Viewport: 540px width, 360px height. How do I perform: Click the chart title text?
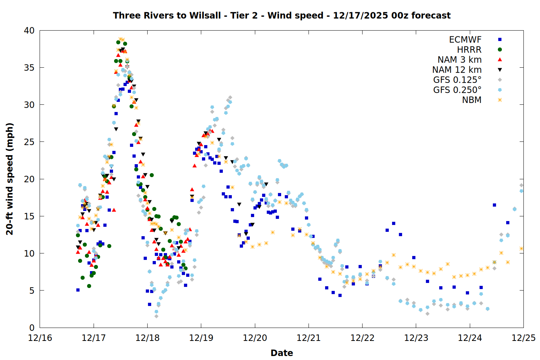282,15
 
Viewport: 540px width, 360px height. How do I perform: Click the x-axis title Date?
282,353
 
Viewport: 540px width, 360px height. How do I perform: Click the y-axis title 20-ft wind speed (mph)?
10,179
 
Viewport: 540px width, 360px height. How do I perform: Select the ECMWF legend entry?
465,40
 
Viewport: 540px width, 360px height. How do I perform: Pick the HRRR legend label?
469,50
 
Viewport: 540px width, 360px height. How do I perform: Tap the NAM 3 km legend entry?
459,60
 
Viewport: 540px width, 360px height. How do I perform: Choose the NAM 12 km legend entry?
457,70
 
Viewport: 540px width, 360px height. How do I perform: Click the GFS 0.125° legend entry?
457,80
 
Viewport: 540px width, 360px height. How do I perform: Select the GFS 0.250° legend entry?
457,90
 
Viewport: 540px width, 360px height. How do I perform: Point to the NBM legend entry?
472,100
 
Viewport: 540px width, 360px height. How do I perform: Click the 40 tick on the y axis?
29,31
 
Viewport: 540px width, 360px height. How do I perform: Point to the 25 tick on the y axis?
29,142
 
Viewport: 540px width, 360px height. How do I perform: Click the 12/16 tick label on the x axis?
40,338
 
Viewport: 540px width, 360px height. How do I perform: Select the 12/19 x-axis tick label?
201,338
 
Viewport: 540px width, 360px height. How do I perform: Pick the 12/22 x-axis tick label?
362,338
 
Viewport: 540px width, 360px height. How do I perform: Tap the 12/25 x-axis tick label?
523,338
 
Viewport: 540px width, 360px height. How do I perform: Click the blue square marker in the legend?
500,40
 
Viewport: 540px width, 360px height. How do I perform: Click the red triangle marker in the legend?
500,59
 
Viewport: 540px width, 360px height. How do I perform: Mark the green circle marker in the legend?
500,50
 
